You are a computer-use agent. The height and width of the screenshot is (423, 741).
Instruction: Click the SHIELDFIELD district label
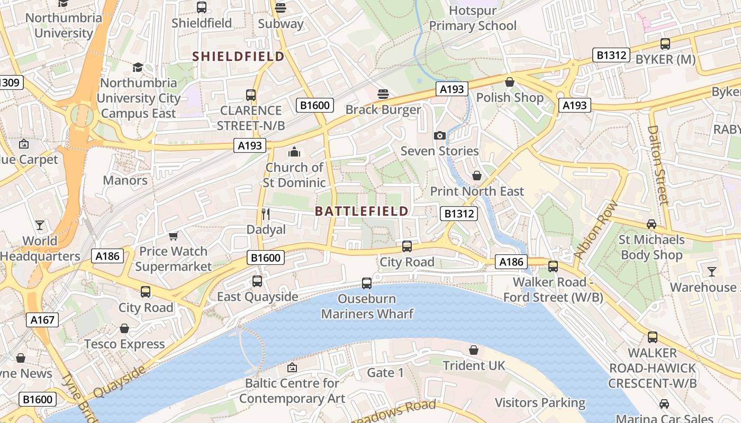pyautogui.click(x=238, y=56)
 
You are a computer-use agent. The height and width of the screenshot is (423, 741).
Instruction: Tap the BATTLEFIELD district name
pyautogui.click(x=362, y=212)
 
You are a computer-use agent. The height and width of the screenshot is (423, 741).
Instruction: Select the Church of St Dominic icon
pyautogui.click(x=294, y=152)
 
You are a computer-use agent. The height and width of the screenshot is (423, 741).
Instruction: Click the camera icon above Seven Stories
pyautogui.click(x=439, y=136)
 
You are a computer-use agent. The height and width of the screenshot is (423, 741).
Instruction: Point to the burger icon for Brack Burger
pyautogui.click(x=383, y=94)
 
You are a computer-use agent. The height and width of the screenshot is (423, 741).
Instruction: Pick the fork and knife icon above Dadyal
pyautogui.click(x=266, y=214)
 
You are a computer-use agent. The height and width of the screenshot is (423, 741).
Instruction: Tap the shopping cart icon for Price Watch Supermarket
pyautogui.click(x=173, y=236)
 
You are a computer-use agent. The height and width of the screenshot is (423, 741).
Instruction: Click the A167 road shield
pyautogui.click(x=42, y=320)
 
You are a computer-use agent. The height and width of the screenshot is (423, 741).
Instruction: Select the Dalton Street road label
pyautogui.click(x=658, y=164)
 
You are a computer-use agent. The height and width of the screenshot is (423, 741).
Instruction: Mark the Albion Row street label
pyautogui.click(x=595, y=229)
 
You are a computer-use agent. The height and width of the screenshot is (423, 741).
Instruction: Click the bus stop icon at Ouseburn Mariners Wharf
pyautogui.click(x=366, y=283)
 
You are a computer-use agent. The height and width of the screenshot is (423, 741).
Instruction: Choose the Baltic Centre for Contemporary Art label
pyautogui.click(x=292, y=391)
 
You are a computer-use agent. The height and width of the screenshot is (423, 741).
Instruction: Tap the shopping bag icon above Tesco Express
pyautogui.click(x=124, y=329)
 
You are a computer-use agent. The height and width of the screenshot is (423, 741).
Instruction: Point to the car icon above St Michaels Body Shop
pyautogui.click(x=652, y=224)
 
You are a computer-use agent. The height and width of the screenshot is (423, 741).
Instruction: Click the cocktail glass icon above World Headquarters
pyautogui.click(x=40, y=225)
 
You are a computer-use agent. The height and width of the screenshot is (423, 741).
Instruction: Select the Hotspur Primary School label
pyautogui.click(x=473, y=18)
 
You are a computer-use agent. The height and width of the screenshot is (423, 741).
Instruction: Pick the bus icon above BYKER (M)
pyautogui.click(x=665, y=44)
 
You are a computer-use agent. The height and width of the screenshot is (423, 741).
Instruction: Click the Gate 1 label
pyautogui.click(x=385, y=373)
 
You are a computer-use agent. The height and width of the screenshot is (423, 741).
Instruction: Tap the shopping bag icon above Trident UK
pyautogui.click(x=474, y=350)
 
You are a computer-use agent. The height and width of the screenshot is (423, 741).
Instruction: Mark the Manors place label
pyautogui.click(x=125, y=180)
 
